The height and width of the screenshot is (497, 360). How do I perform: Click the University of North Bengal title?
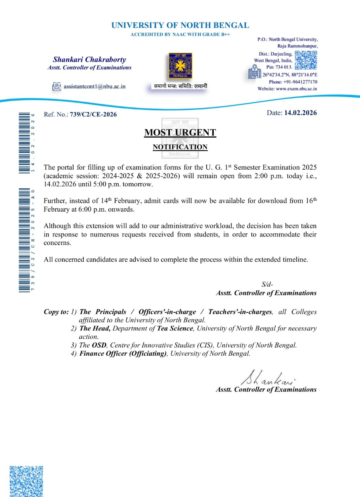(x=180, y=26)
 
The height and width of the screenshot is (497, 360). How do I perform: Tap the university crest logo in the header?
(x=180, y=66)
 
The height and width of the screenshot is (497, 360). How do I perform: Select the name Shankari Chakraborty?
(x=90, y=59)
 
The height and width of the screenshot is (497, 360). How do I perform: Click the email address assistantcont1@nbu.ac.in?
(x=95, y=87)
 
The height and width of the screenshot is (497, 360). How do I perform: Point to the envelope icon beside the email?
(x=57, y=87)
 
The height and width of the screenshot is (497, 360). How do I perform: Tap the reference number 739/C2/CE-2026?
(x=93, y=114)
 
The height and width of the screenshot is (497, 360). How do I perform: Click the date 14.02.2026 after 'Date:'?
(x=300, y=113)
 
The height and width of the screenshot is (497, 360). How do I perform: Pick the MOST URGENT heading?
(x=180, y=132)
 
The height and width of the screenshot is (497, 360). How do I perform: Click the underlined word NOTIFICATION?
(x=180, y=147)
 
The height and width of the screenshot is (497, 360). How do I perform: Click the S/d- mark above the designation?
(x=267, y=285)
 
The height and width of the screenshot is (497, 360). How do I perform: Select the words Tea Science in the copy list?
(x=175, y=328)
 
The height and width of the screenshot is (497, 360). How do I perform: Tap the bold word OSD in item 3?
(x=99, y=345)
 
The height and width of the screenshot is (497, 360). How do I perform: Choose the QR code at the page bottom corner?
(x=26, y=481)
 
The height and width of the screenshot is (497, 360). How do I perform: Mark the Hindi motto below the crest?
(x=180, y=86)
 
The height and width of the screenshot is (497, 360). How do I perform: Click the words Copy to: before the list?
(x=56, y=312)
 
